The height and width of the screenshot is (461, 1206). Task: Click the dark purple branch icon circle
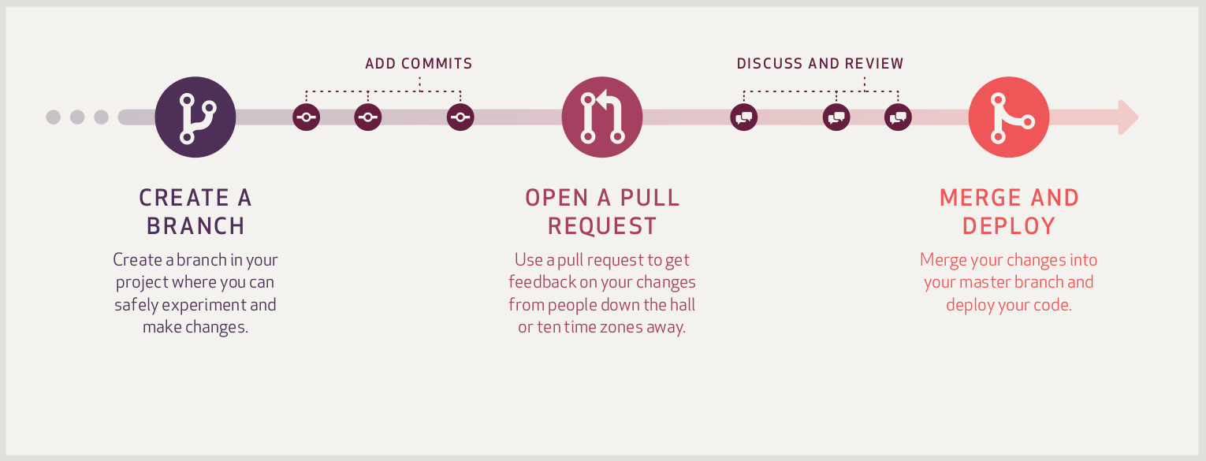point(195,117)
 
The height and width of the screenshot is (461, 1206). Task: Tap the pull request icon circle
point(602,117)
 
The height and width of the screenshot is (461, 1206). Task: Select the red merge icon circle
point(1009,117)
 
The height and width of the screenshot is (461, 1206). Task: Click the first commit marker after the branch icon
point(307,117)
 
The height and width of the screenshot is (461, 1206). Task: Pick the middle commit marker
point(368,117)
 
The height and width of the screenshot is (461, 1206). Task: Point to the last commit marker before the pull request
point(460,117)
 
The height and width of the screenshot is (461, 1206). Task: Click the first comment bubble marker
point(744,117)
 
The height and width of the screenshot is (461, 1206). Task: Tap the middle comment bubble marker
point(836,117)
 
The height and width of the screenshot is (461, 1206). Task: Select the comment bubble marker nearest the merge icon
point(898,117)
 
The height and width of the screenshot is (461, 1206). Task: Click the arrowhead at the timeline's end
point(1128,117)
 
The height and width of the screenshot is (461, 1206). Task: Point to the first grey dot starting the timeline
point(53,117)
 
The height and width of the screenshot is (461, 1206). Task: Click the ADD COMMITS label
point(419,64)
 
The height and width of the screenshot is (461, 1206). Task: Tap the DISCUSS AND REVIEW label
point(820,64)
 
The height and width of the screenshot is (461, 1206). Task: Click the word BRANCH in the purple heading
point(195,226)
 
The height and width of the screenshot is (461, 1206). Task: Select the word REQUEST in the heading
point(602,226)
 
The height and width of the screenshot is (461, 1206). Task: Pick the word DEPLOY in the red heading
point(1009,226)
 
